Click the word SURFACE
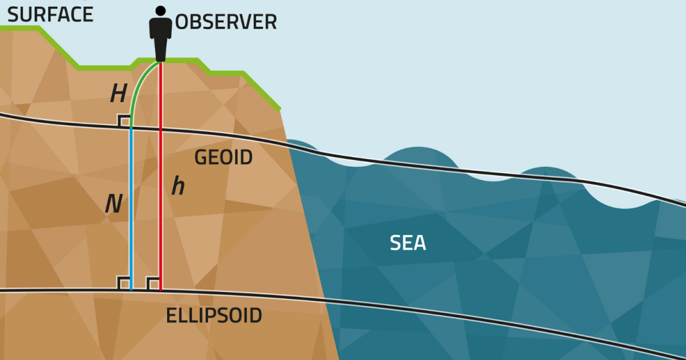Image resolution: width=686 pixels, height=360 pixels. pos(50,15)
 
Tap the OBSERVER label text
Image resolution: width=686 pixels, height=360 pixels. pos(226,22)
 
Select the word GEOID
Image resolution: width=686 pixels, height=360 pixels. pos(224,157)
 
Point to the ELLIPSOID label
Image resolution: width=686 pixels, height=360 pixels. pos(214,315)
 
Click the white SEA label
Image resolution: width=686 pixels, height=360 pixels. pos(408,243)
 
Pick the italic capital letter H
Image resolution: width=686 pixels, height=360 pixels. pos(118,94)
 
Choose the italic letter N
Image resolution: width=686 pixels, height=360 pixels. pos(114,204)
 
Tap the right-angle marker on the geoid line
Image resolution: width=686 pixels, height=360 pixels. pos(123,120)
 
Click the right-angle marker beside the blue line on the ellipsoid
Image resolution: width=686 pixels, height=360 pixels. pos(123,283)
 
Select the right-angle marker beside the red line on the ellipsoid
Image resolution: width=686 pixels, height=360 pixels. pos(153,283)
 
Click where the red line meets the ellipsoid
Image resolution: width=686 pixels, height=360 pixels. pos(161,290)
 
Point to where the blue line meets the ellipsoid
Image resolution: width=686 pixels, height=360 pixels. pos(131,290)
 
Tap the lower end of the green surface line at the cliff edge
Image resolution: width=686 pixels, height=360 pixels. pos(280,108)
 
